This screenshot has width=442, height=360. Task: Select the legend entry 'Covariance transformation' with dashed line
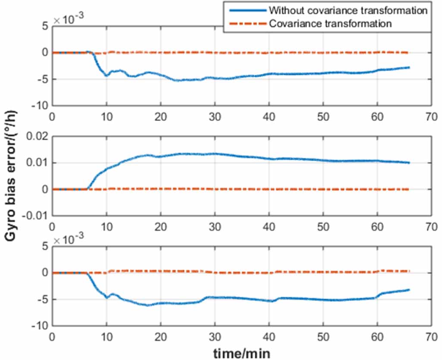click(330, 23)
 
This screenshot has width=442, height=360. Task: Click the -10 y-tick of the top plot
click(40, 106)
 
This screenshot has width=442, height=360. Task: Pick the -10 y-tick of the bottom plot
click(40, 326)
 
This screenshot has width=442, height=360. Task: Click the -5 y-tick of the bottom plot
click(42, 299)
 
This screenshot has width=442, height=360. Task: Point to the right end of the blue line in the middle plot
click(409, 163)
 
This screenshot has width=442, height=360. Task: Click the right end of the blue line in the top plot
click(409, 67)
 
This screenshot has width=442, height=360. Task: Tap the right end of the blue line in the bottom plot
click(409, 290)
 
